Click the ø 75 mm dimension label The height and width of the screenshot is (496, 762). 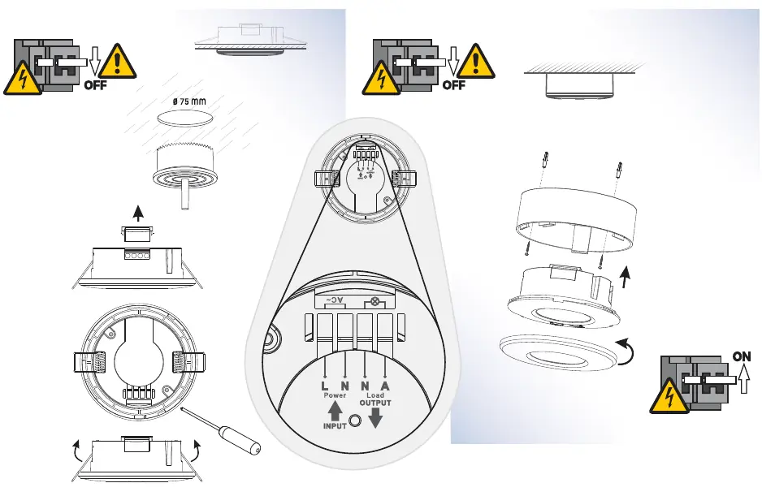pyautogui.click(x=188, y=101)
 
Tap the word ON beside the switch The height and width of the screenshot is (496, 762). pyautogui.click(x=742, y=356)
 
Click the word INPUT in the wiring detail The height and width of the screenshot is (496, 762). pyautogui.click(x=335, y=426)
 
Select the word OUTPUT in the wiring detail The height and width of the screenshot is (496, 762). pyautogui.click(x=375, y=403)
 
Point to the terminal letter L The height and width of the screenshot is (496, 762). pyautogui.click(x=325, y=386)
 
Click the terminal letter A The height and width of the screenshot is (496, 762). pyautogui.click(x=385, y=386)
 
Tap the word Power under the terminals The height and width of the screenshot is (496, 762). pyautogui.click(x=335, y=395)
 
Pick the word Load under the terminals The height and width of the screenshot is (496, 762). pyautogui.click(x=375, y=395)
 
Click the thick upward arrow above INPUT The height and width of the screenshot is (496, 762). pyautogui.click(x=335, y=412)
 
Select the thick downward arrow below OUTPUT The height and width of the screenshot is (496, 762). pyautogui.click(x=375, y=418)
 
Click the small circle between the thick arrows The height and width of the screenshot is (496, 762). pyautogui.click(x=355, y=421)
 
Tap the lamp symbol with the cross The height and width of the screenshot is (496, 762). pyautogui.click(x=375, y=302)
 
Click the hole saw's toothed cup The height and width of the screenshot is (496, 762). pyautogui.click(x=184, y=157)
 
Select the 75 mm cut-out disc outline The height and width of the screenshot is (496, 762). pyautogui.click(x=185, y=118)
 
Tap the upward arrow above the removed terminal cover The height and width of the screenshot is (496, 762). pyautogui.click(x=138, y=213)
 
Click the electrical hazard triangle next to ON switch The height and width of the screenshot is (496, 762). pyautogui.click(x=669, y=396)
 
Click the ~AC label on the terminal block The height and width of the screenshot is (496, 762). pyautogui.click(x=335, y=300)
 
